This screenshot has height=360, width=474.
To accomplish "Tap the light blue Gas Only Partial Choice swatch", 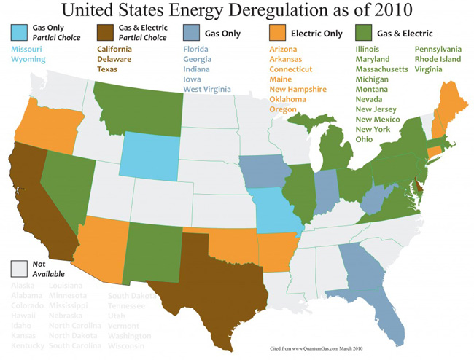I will [20, 33].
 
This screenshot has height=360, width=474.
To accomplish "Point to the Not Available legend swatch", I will [20, 267].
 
